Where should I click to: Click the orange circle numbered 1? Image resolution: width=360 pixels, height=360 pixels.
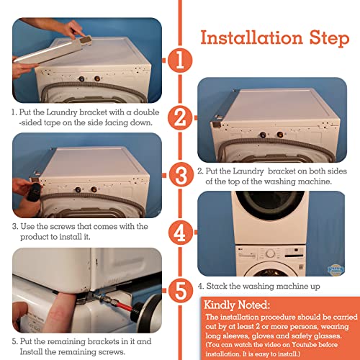tap(180, 60)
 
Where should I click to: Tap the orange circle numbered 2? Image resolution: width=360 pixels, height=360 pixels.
tap(180, 117)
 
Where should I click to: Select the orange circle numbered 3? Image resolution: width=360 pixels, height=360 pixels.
tap(181, 174)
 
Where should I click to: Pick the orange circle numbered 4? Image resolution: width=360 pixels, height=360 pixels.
tap(181, 233)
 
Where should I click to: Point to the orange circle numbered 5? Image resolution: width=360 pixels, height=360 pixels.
tap(181, 291)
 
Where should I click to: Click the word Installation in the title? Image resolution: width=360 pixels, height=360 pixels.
tap(251, 37)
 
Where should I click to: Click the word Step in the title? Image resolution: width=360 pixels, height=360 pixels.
tap(329, 38)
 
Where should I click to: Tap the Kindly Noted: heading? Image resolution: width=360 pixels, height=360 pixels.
tap(237, 305)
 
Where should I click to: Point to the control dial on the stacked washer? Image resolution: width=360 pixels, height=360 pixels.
tap(271, 253)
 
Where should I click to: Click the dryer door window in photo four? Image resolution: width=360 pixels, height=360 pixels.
tap(270, 204)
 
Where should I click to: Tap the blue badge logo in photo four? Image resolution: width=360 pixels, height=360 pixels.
tap(336, 270)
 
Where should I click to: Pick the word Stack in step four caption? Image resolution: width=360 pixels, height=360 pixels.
tap(217, 286)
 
